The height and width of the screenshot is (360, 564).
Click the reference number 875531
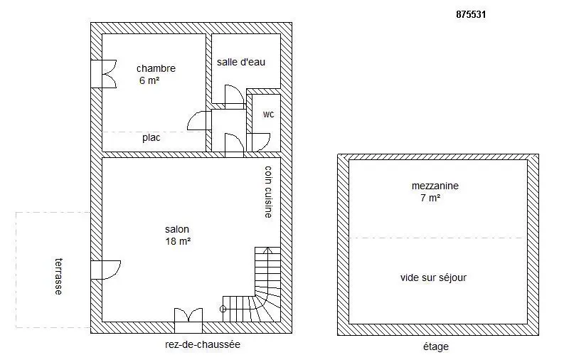point(471,14)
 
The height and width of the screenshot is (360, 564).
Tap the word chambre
point(156,68)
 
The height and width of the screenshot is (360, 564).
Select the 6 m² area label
point(149,80)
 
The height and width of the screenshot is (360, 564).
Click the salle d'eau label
point(241,62)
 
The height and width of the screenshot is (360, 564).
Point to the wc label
point(268,115)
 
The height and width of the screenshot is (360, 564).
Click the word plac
point(151,138)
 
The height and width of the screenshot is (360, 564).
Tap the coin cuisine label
point(268,191)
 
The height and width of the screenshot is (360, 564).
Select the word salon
point(177,229)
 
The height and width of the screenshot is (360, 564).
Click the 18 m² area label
point(178,241)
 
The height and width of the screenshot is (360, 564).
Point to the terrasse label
point(58,277)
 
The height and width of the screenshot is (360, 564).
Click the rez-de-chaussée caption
point(203,344)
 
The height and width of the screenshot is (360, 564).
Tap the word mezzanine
point(435,186)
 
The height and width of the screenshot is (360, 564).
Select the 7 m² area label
point(430,198)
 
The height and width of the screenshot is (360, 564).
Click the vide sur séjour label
point(433,277)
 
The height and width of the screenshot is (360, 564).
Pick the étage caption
point(436,346)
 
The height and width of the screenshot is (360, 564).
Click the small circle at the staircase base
point(223,309)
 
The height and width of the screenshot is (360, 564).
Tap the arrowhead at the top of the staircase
point(267,249)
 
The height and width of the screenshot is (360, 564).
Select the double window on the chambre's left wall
point(104,74)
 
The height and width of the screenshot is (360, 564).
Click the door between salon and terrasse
point(105,270)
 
